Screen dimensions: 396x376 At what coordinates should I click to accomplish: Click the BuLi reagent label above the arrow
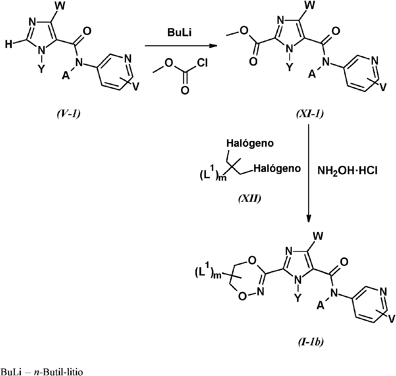click(x=180, y=33)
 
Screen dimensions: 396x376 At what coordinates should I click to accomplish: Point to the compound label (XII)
click(x=249, y=199)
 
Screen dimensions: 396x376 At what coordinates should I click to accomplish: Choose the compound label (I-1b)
click(x=311, y=342)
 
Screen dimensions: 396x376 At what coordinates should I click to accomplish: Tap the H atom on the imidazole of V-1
click(x=9, y=45)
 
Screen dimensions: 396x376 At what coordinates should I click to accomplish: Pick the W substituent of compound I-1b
click(x=318, y=236)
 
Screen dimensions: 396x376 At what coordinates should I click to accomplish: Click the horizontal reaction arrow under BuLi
click(x=181, y=46)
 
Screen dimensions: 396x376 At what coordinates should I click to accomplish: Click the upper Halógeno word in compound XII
click(x=250, y=143)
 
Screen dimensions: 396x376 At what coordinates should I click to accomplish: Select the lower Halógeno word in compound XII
click(x=277, y=168)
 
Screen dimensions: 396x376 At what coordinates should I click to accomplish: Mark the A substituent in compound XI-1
click(x=312, y=74)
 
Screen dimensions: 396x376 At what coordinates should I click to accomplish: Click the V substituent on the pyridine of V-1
click(x=135, y=86)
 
